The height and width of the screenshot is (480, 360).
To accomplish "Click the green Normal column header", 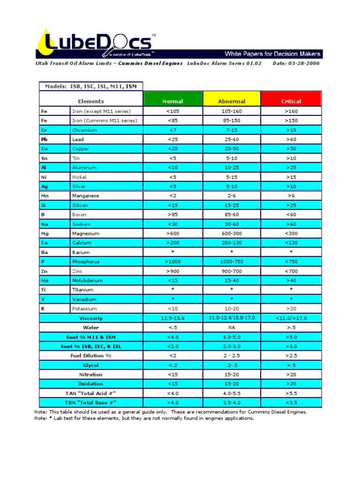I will click(x=172, y=99).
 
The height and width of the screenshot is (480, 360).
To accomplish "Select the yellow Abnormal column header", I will click(x=232, y=99).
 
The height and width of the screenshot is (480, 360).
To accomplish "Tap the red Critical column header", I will click(x=291, y=99).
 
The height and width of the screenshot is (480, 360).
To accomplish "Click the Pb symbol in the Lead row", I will click(x=45, y=139).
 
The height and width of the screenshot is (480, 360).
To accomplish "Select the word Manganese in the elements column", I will click(x=86, y=195).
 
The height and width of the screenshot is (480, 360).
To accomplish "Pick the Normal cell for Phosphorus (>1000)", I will click(x=172, y=262).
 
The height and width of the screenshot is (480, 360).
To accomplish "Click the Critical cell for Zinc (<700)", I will click(x=291, y=271).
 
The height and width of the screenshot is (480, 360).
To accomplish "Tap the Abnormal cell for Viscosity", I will click(x=232, y=318).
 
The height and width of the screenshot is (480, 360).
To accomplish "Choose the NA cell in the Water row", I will click(x=232, y=327).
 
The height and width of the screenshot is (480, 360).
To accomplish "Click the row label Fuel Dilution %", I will click(x=91, y=355).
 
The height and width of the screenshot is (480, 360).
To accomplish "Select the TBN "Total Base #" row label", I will click(x=91, y=402).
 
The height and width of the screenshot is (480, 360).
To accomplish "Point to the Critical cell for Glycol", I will click(x=291, y=365).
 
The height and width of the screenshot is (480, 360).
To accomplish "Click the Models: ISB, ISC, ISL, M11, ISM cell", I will click(x=91, y=86).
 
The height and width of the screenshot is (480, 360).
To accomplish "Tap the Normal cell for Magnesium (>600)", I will click(x=172, y=233).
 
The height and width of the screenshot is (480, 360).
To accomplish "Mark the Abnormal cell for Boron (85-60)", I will click(x=232, y=215).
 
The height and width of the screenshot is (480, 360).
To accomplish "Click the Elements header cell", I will click(x=91, y=101).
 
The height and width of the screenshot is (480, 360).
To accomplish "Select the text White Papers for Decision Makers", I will click(x=272, y=54).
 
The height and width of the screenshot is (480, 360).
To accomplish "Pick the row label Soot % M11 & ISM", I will click(x=91, y=337).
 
